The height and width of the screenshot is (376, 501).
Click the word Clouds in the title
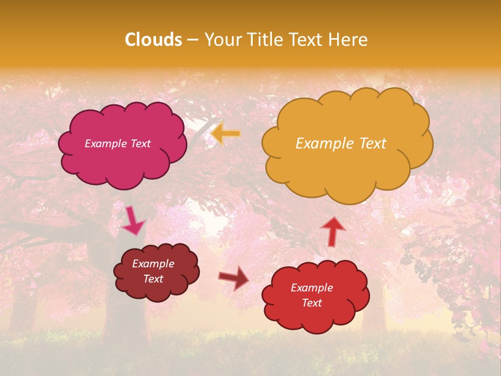pos(153,40)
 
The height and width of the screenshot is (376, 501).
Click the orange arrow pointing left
pos(226,134)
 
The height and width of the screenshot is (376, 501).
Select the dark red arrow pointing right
pos(234,278)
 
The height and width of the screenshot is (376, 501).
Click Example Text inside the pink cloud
pos(117,144)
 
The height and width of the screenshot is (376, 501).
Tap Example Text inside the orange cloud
pos(341,144)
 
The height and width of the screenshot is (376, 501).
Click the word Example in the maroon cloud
pos(153,264)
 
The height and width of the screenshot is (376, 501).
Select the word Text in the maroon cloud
pos(153,279)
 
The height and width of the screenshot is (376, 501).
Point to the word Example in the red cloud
pos(312,288)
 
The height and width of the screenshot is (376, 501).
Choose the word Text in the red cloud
pos(312,303)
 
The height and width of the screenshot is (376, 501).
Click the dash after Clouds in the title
pos(193,40)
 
